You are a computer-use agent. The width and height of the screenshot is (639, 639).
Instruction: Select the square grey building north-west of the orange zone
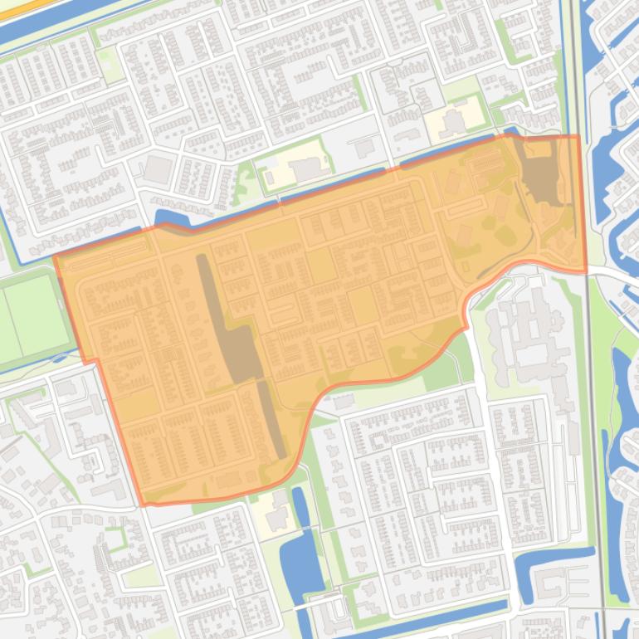[x=158, y=169]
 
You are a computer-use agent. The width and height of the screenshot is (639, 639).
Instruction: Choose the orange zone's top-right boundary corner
[x=578, y=136]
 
